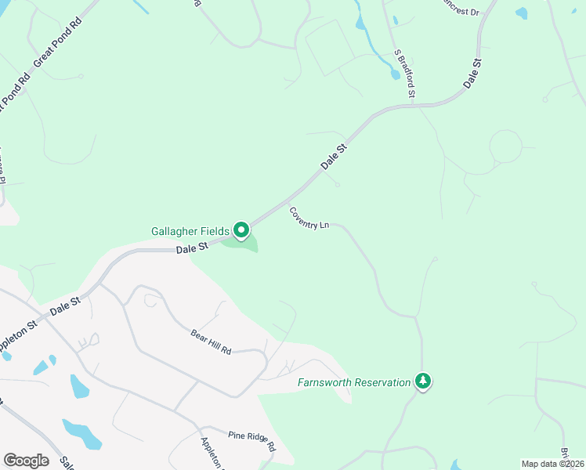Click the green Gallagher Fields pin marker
[x=241, y=230]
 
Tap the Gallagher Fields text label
[x=190, y=231]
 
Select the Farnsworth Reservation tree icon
[x=423, y=381]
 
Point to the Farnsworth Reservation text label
[x=354, y=382]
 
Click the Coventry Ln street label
[x=309, y=219]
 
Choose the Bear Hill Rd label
[x=211, y=341]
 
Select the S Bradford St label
[x=404, y=73]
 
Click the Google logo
[x=26, y=460]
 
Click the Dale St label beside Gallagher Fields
[x=191, y=248]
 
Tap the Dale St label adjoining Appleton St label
[x=66, y=305]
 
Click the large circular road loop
[x=505, y=146]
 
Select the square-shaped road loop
[x=330, y=47]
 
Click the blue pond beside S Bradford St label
[x=394, y=74]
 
